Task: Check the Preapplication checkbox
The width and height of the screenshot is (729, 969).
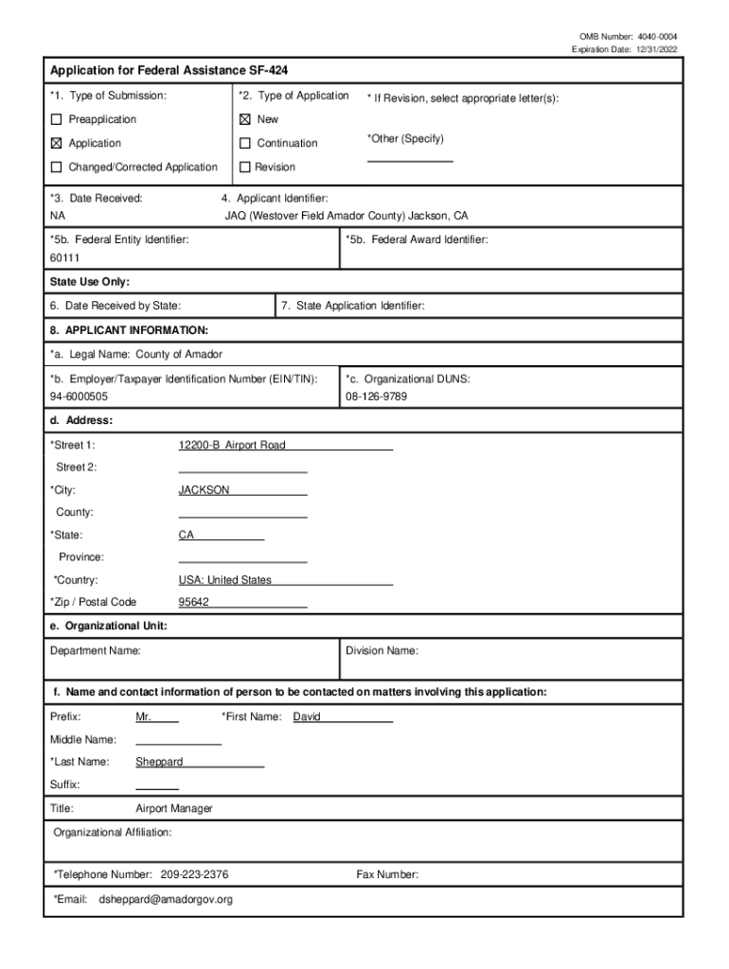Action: coord(56,120)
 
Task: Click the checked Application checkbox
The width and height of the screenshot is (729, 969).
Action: coord(56,144)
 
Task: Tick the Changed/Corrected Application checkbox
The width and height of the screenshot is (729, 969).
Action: coord(56,167)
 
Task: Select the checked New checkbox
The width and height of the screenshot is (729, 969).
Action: coord(244,120)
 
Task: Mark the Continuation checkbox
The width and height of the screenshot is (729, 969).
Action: coord(244,144)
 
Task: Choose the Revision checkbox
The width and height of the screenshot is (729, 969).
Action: coord(244,167)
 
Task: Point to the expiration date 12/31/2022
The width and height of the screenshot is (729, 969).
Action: coord(655,49)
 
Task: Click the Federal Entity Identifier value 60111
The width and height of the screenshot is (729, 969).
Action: coord(65,258)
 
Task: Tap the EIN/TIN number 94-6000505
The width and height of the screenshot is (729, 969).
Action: coord(79,396)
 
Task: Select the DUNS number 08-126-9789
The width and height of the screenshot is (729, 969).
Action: coord(377,396)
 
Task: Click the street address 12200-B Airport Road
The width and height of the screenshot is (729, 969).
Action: coord(232,446)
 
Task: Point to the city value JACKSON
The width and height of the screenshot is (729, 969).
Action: coord(204,490)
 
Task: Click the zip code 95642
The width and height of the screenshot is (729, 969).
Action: coord(194,603)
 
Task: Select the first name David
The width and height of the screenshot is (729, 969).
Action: coord(307,717)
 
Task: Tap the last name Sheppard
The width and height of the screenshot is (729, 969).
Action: coord(159,762)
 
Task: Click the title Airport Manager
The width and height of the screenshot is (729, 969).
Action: coord(174,809)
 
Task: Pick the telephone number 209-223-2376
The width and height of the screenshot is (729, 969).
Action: coord(194,875)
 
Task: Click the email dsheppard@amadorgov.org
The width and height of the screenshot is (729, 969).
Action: coord(166,900)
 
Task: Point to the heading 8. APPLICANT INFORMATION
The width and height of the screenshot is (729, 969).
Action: coord(129,330)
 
